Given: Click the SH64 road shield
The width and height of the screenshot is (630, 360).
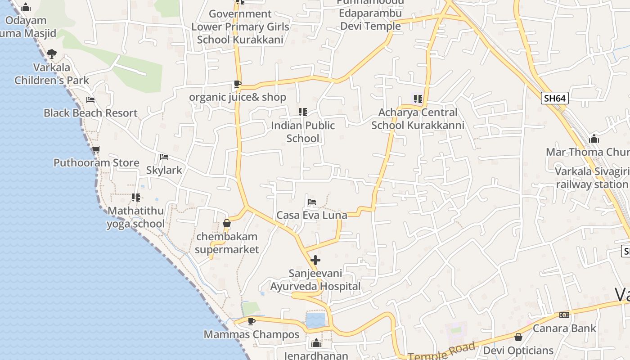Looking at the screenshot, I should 554,98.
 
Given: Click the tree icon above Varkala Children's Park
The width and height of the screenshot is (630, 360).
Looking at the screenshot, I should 52,54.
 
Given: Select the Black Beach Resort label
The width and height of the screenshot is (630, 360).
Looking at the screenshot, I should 90,113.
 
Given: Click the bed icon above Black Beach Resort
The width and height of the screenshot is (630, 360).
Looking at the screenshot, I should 90,100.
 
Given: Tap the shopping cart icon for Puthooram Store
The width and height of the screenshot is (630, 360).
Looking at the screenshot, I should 95,149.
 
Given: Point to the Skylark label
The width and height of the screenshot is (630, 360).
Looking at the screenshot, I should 164,170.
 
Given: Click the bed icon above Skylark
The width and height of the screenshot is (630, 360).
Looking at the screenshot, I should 164,157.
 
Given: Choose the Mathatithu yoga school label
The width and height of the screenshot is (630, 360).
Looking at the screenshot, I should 135,217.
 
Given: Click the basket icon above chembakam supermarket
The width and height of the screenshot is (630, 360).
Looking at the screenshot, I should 227,223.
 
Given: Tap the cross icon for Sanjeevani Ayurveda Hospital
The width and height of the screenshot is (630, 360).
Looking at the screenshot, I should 315,260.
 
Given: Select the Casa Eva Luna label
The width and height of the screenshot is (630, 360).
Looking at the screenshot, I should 311,215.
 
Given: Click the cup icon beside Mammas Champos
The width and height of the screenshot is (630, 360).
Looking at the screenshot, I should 251,321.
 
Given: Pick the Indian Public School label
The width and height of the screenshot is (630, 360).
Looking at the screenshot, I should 302,132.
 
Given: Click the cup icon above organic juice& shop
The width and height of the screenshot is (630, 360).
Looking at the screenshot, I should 238,84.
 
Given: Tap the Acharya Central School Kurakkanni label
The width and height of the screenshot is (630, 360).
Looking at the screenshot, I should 418,119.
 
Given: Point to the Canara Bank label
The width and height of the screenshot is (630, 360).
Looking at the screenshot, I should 564,328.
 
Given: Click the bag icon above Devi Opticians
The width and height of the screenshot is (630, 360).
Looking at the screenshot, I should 518,337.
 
